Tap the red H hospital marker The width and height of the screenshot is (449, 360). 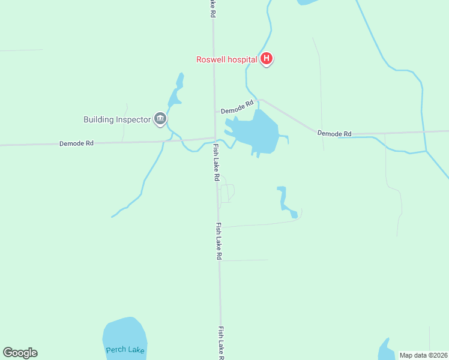[267, 59]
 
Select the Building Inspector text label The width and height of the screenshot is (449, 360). [116, 119]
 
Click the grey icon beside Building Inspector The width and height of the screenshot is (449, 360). [160, 119]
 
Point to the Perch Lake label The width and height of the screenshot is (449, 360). [125, 350]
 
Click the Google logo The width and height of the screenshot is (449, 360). [20, 353]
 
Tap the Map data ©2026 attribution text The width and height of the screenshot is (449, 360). [423, 355]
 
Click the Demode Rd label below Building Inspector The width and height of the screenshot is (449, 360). [76, 143]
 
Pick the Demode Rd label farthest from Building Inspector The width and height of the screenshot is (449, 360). [334, 133]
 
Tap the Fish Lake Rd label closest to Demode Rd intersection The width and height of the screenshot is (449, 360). [216, 162]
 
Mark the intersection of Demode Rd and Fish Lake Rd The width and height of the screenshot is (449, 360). [215, 139]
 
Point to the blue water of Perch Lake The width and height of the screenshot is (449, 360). [125, 333]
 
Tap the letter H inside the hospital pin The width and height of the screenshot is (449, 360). [267, 58]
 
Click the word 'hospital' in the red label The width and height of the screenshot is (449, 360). [243, 59]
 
